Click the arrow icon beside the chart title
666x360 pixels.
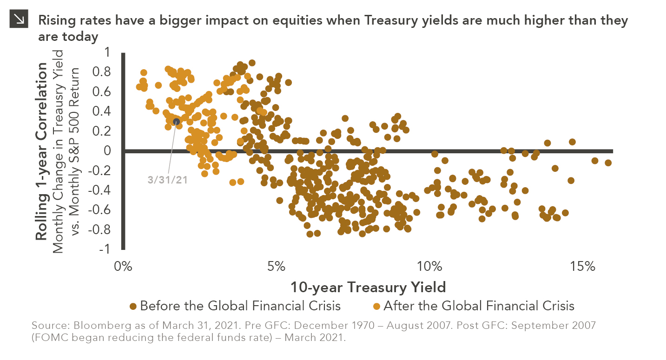(x=20, y=19)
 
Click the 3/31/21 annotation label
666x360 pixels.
(x=167, y=180)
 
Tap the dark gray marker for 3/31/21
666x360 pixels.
(x=177, y=122)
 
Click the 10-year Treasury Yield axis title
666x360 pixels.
(x=368, y=287)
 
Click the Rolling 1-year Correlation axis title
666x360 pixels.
(x=42, y=151)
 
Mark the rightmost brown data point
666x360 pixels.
(x=608, y=163)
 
